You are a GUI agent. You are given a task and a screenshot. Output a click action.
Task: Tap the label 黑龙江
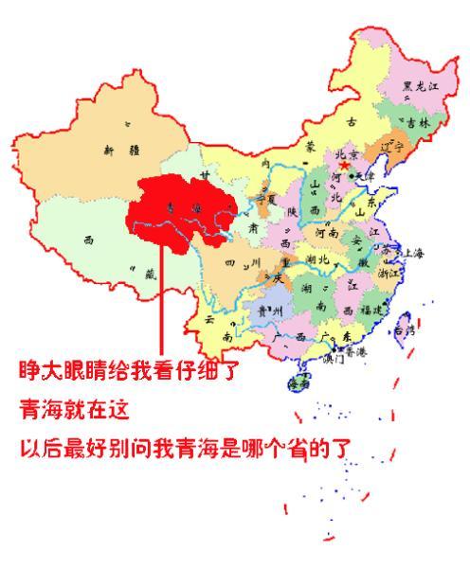[420, 86]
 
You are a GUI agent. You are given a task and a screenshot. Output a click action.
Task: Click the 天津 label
[365, 176]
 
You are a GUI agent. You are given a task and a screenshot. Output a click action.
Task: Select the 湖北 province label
[315, 258]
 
